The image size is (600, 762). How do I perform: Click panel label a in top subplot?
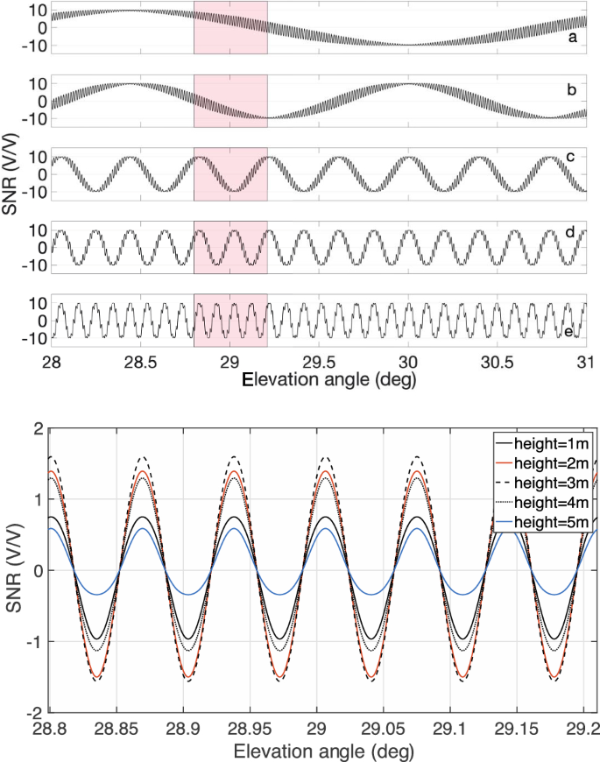coord(572,39)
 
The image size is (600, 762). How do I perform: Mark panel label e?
coord(572,332)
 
